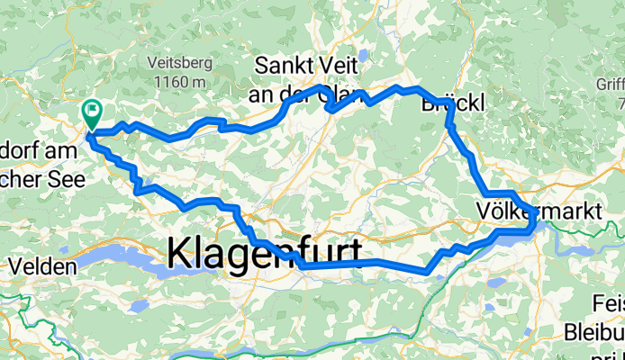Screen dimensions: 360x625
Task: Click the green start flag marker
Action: point(92,113)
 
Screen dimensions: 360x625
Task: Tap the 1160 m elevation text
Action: point(179,82)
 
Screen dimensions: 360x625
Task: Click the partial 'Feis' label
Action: point(607,302)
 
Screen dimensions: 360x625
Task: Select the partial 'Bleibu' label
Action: point(596,331)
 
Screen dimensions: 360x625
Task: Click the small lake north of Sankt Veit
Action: point(361,56)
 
